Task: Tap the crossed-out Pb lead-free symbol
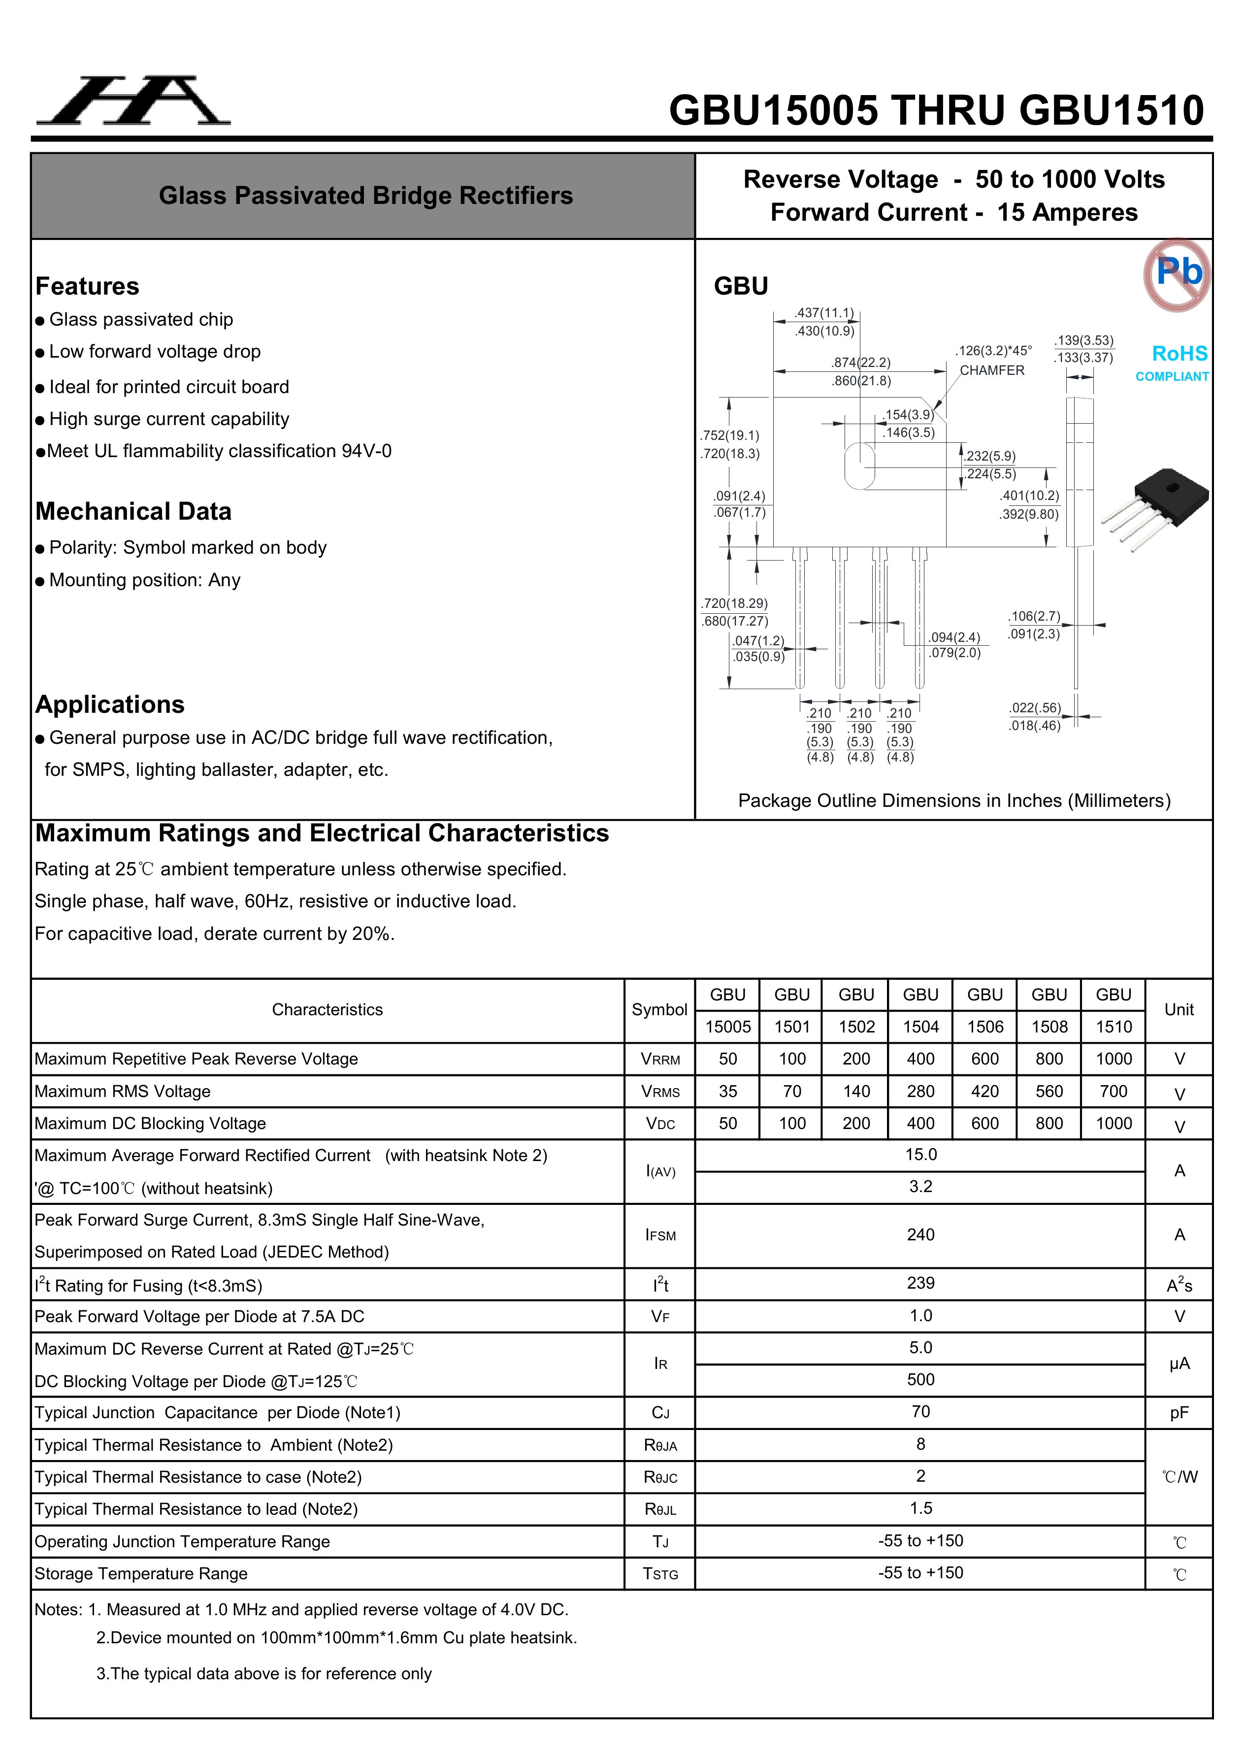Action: (1177, 274)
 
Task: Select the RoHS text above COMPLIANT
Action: (1179, 354)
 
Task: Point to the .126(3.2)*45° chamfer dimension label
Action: (993, 351)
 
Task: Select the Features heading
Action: (88, 286)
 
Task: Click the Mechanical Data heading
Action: (133, 511)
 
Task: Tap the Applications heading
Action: (110, 704)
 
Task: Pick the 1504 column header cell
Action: (920, 1027)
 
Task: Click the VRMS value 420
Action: (985, 1091)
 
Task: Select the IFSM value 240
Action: (920, 1235)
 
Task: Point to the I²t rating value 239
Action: (920, 1283)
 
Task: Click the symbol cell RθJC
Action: (660, 1477)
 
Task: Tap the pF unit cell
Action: (1179, 1413)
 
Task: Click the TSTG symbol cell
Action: (660, 1574)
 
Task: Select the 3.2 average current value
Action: (920, 1187)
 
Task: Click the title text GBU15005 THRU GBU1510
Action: (936, 110)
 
